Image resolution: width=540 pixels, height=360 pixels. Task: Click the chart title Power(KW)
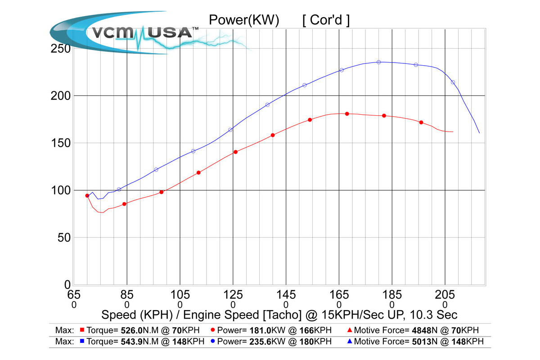pyautogui.click(x=244, y=20)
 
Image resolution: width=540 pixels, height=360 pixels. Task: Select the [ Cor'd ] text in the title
pyautogui.click(x=326, y=20)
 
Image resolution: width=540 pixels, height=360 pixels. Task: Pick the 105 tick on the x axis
pyautogui.click(x=180, y=295)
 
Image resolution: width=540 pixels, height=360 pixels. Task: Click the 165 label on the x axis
pyautogui.click(x=339, y=295)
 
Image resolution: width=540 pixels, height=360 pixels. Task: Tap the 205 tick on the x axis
pyautogui.click(x=445, y=295)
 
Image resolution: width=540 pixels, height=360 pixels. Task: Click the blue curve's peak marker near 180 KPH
pyautogui.click(x=378, y=62)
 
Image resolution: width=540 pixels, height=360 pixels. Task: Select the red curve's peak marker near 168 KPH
pyautogui.click(x=347, y=114)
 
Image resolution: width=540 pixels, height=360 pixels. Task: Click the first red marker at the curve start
pyautogui.click(x=87, y=196)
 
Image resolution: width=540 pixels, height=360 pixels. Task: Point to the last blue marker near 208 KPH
pyautogui.click(x=453, y=82)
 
